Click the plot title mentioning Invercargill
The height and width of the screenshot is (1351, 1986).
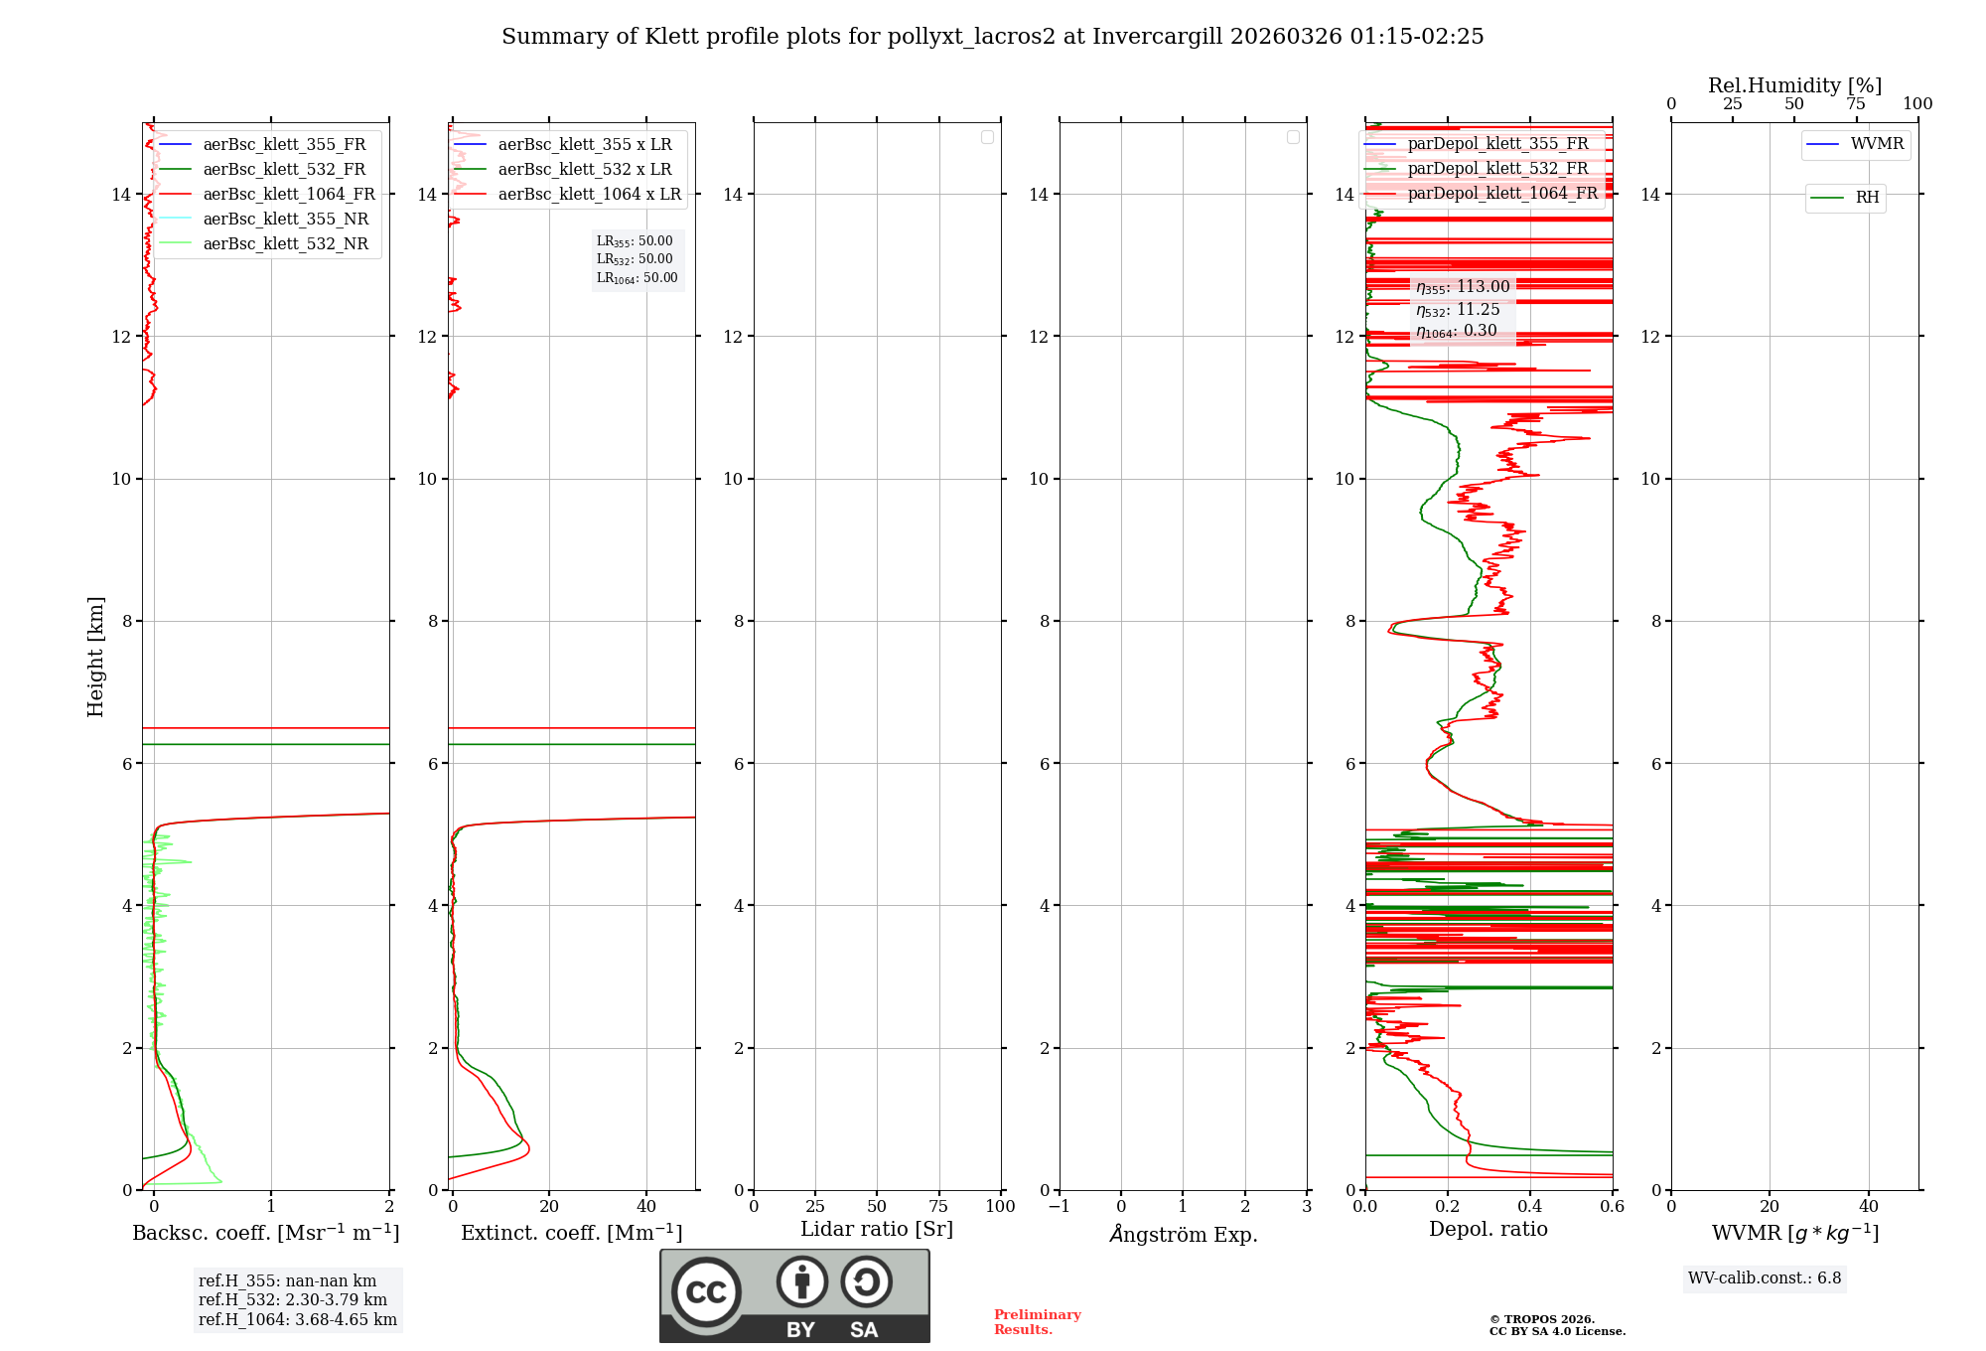click(x=992, y=37)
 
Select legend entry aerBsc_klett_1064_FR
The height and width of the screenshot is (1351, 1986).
click(x=288, y=195)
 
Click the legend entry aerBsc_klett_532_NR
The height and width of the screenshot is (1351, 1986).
click(x=285, y=244)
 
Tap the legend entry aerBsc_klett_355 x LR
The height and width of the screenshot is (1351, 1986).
click(x=584, y=145)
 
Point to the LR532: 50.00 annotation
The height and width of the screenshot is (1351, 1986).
click(x=635, y=259)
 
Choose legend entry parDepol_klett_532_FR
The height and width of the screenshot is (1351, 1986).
click(x=1496, y=169)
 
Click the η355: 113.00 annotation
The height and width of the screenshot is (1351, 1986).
click(x=1463, y=287)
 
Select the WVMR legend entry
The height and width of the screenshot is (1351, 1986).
click(x=1876, y=144)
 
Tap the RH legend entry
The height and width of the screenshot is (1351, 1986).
click(x=1866, y=198)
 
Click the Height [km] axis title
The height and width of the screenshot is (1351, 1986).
click(x=95, y=657)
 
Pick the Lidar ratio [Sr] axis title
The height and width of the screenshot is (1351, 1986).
click(x=877, y=1230)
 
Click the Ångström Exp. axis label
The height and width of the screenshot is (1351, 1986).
click(x=1183, y=1235)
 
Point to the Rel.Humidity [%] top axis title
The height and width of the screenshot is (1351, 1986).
click(x=1794, y=85)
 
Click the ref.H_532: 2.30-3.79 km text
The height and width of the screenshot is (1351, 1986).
click(x=293, y=1299)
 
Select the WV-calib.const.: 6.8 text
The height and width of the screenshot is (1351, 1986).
click(x=1764, y=1278)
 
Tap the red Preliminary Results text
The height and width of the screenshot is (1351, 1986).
click(x=1037, y=1322)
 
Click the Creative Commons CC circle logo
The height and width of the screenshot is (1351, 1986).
click(x=706, y=1292)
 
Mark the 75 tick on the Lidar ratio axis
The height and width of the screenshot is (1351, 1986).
click(x=938, y=1207)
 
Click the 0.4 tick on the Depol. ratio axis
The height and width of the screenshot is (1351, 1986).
click(x=1530, y=1207)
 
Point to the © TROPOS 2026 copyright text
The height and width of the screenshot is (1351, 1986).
click(x=1541, y=1320)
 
